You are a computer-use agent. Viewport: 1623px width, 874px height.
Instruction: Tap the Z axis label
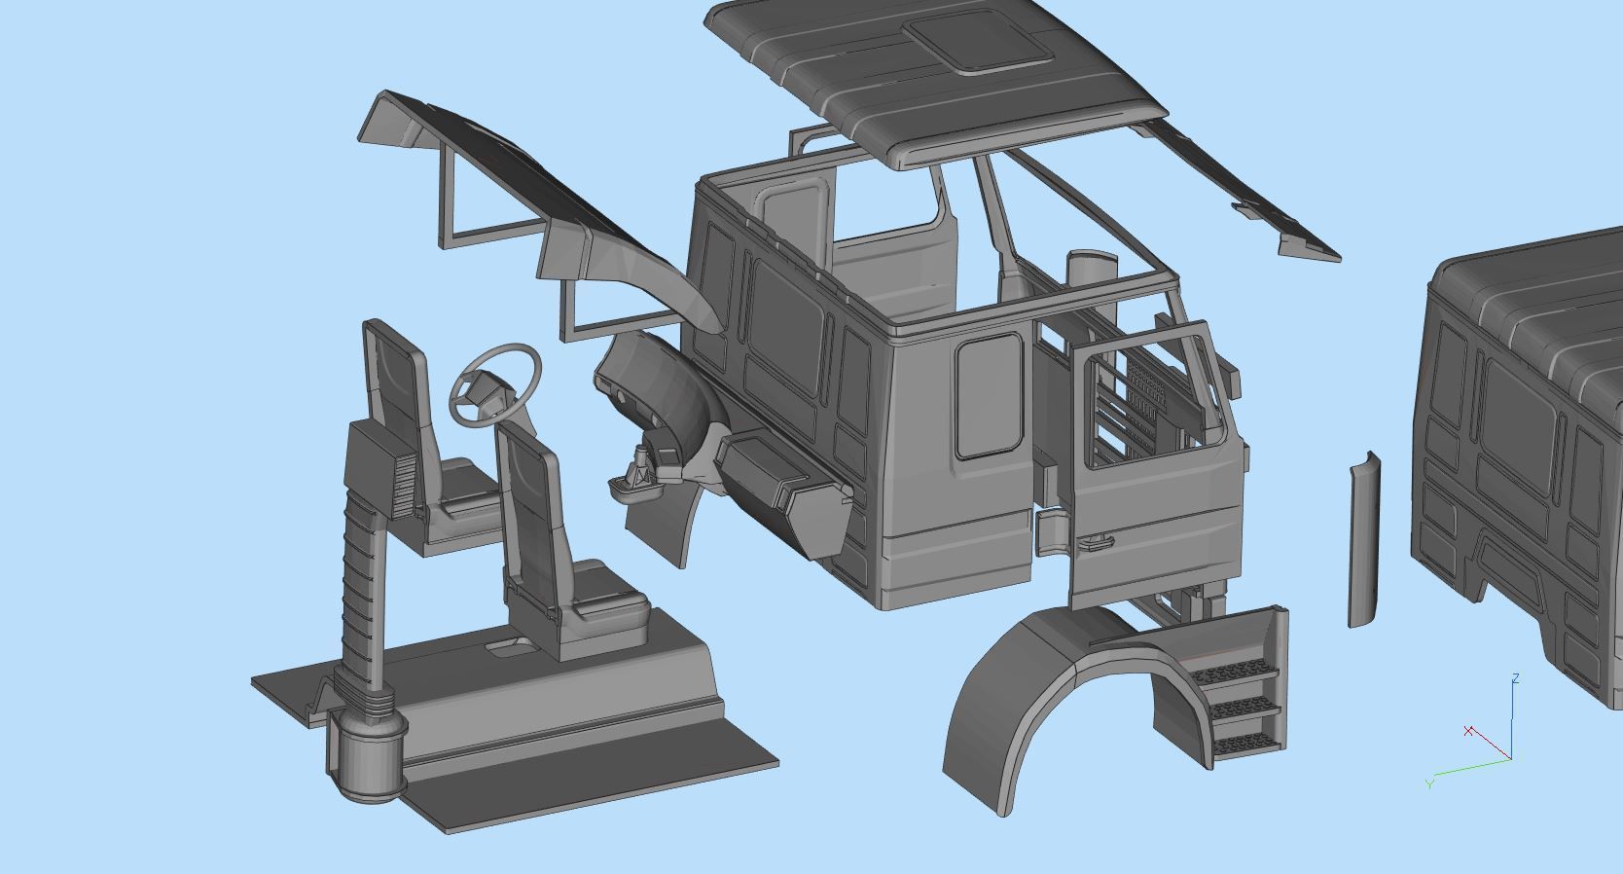pyautogui.click(x=1516, y=678)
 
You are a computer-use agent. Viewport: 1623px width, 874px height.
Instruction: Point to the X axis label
pyautogui.click(x=1468, y=730)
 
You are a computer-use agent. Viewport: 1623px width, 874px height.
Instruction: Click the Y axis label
pyautogui.click(x=1428, y=783)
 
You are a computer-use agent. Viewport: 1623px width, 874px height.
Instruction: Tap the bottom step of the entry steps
pyautogui.click(x=1245, y=745)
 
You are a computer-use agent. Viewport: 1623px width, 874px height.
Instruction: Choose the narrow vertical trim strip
pyautogui.click(x=1363, y=540)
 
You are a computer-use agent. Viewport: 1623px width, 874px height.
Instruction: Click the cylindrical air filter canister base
pyautogui.click(x=366, y=754)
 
